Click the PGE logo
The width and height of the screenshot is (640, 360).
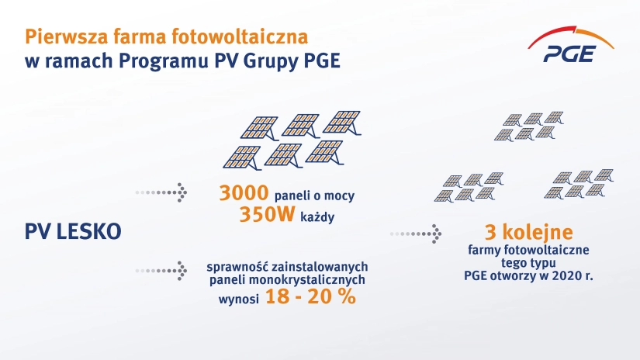[571, 44]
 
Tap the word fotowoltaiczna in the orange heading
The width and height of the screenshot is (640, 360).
[240, 36]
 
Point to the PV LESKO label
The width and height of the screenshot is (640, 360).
[73, 231]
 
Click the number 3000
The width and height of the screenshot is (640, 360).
[244, 192]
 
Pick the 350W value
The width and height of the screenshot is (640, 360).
[267, 214]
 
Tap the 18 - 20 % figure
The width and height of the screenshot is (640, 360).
[310, 296]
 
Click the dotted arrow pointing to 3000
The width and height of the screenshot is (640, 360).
[161, 192]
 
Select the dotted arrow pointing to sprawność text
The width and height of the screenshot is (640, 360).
[161, 271]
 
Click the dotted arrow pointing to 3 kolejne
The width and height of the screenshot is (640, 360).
[416, 234]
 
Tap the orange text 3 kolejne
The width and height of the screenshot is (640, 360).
[528, 232]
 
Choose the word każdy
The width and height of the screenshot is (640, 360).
[317, 216]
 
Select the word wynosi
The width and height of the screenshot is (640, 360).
[239, 299]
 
